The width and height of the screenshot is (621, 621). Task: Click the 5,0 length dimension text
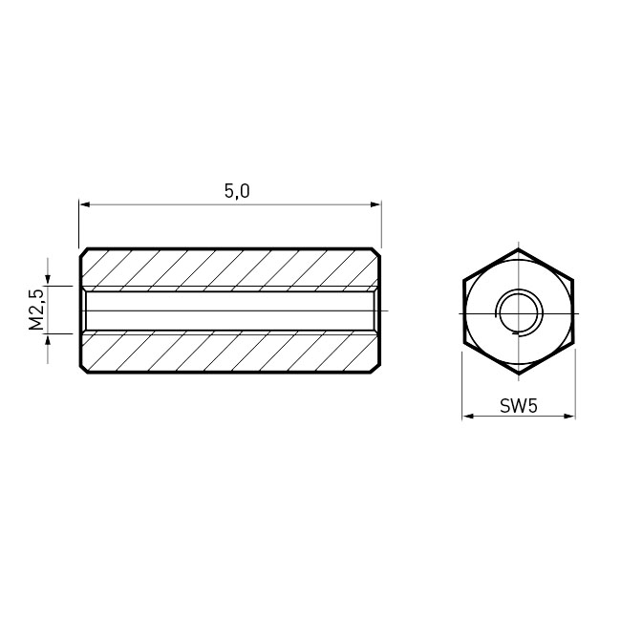(x=237, y=191)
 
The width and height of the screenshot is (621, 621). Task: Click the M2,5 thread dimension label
(x=36, y=310)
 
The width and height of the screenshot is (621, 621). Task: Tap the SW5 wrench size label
(x=519, y=406)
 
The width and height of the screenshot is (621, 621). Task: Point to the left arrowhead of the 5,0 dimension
(x=85, y=204)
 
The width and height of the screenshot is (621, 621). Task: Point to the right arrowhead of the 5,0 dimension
(x=375, y=204)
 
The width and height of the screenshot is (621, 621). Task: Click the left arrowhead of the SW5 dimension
(x=468, y=417)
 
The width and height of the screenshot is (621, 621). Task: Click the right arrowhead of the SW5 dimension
(x=569, y=417)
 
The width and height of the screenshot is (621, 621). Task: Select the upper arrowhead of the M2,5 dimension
(x=48, y=280)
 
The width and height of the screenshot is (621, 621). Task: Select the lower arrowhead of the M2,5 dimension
(x=48, y=339)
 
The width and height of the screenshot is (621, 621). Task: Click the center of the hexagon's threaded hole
(x=519, y=313)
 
